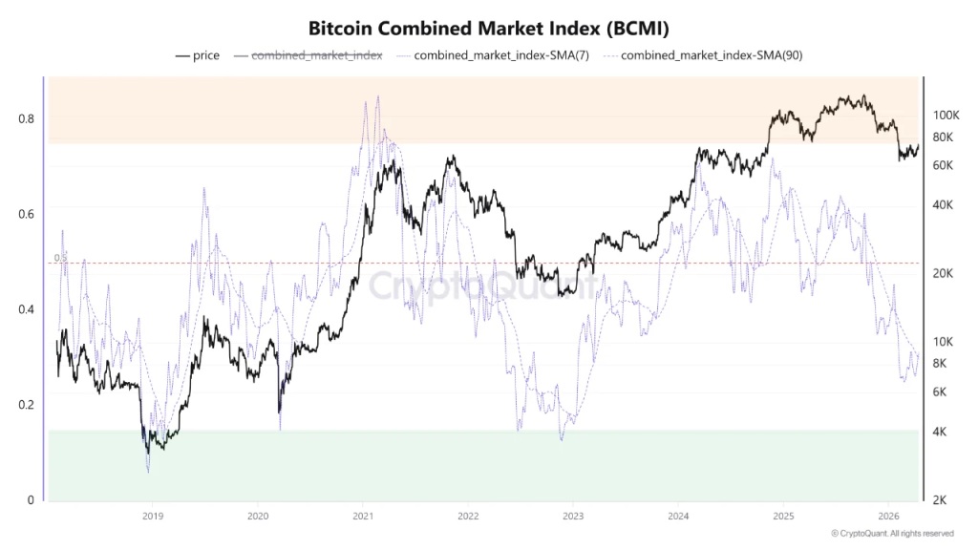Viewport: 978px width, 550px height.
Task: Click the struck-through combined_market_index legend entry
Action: (316, 55)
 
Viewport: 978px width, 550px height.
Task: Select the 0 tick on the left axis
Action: (32, 500)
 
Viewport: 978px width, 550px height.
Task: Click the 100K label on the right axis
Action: (945, 115)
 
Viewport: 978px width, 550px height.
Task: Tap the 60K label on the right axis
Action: (942, 165)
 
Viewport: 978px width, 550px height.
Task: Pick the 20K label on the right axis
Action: (942, 273)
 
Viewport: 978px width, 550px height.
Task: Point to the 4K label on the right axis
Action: (939, 432)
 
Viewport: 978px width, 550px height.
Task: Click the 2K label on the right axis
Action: (939, 500)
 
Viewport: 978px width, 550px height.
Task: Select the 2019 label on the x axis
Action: (152, 517)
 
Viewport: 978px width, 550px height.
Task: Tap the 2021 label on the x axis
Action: (363, 517)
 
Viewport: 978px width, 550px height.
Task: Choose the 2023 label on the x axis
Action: (572, 517)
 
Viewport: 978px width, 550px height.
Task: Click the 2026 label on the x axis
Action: (888, 517)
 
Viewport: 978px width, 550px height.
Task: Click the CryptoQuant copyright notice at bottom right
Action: (891, 534)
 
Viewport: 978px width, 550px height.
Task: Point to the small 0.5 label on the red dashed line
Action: (60, 258)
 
